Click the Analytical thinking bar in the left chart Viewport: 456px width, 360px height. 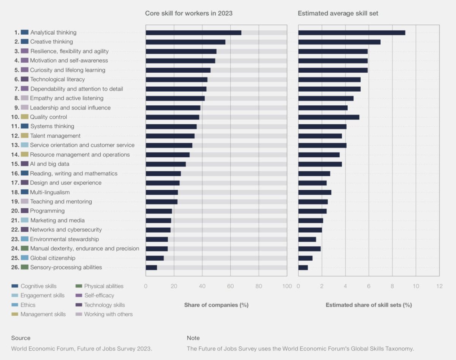pos(193,33)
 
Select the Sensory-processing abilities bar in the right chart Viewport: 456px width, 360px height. pos(303,268)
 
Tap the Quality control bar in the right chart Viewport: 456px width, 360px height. pos(329,117)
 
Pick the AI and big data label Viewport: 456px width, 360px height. pos(49,164)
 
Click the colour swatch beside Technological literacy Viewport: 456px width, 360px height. pos(25,79)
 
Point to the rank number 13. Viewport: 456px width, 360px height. pos(15,145)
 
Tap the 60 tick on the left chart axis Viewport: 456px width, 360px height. pos(230,286)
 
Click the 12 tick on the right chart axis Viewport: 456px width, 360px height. pos(439,286)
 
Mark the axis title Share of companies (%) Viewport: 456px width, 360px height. pos(216,305)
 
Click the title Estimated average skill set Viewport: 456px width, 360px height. pos(338,13)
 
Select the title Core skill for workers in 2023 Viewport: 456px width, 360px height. pos(189,13)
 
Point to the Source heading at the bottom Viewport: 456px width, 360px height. pos(21,338)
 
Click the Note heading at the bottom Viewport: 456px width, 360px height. pos(193,338)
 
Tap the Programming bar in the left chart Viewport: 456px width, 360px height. pos(159,211)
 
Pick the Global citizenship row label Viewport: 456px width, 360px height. pos(53,258)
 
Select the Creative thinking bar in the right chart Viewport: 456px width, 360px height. pos(339,42)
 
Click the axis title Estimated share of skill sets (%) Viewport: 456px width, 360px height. pos(369,305)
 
